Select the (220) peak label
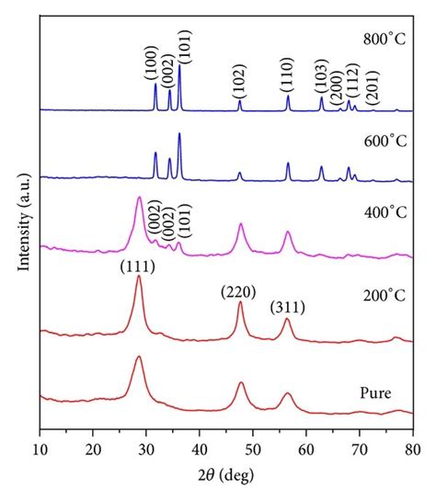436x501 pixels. click(x=237, y=292)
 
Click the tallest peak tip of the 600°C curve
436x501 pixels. click(x=179, y=134)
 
